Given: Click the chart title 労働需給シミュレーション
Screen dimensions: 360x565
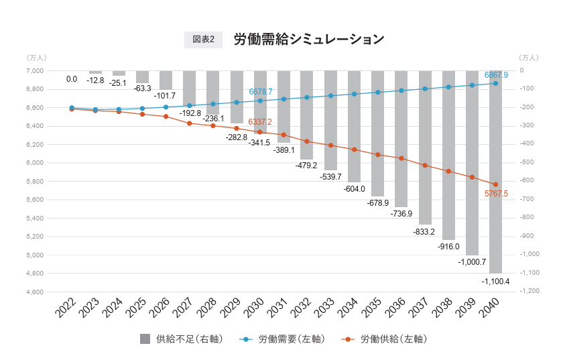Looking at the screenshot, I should [308, 39].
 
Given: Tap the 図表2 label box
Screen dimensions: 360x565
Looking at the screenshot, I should [203, 40].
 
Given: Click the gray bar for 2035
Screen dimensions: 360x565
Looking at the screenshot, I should [377, 134].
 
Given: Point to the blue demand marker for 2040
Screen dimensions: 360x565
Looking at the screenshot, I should [495, 83].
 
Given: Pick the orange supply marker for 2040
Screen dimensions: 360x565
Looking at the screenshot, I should [495, 184].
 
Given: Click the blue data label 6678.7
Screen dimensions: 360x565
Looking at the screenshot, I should [261, 92].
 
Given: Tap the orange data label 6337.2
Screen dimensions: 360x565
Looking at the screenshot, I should [260, 122].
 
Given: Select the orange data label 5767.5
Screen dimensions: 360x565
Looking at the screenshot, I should [496, 194].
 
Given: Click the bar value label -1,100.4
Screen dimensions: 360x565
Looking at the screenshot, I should [495, 281].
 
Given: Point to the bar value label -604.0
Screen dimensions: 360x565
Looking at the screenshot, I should [354, 189].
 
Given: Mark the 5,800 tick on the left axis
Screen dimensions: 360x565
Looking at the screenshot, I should [34, 182].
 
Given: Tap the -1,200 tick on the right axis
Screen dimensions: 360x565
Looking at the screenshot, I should [529, 291].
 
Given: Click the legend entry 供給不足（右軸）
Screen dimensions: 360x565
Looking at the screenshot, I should [181, 339].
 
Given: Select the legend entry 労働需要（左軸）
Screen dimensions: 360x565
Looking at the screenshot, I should [282, 339].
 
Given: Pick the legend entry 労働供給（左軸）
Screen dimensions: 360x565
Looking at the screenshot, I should [384, 339].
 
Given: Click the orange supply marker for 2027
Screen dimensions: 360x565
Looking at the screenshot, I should [190, 123].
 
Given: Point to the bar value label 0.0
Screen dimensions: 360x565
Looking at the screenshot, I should [72, 79].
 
